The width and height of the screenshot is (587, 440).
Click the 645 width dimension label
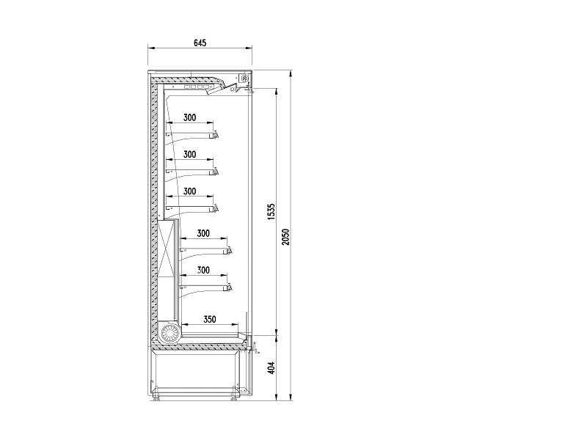point(200,43)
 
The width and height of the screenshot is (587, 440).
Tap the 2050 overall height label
point(286,236)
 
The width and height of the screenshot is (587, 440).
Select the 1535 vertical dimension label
point(271,212)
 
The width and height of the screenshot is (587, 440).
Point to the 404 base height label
point(271,367)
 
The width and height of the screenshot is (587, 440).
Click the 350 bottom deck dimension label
point(210,319)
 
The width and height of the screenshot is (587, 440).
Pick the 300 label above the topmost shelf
point(190,117)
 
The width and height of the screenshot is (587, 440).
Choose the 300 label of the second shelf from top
point(190,154)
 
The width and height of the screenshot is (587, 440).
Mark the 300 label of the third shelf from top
point(190,191)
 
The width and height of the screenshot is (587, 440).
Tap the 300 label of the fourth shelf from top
point(203,233)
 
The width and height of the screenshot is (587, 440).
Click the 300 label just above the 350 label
point(203,270)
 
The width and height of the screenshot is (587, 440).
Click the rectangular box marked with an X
point(167,249)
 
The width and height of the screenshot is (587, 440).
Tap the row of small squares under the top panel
point(196,87)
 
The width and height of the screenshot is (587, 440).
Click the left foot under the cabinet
point(156,399)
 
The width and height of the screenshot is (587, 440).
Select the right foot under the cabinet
point(234,399)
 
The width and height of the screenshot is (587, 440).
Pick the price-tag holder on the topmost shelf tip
point(216,134)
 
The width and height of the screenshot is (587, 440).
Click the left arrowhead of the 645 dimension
point(150,48)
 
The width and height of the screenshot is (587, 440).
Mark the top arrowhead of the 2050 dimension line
point(291,73)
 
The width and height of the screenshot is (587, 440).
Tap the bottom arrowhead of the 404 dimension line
point(277,397)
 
